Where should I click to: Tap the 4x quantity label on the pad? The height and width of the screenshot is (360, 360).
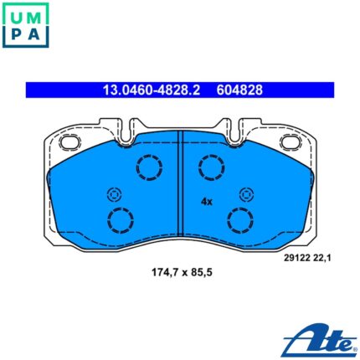(207, 202)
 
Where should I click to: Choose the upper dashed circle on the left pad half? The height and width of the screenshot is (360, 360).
(149, 169)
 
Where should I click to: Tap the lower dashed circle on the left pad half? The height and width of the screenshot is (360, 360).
(121, 221)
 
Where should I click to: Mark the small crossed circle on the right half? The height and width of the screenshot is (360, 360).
(247, 195)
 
